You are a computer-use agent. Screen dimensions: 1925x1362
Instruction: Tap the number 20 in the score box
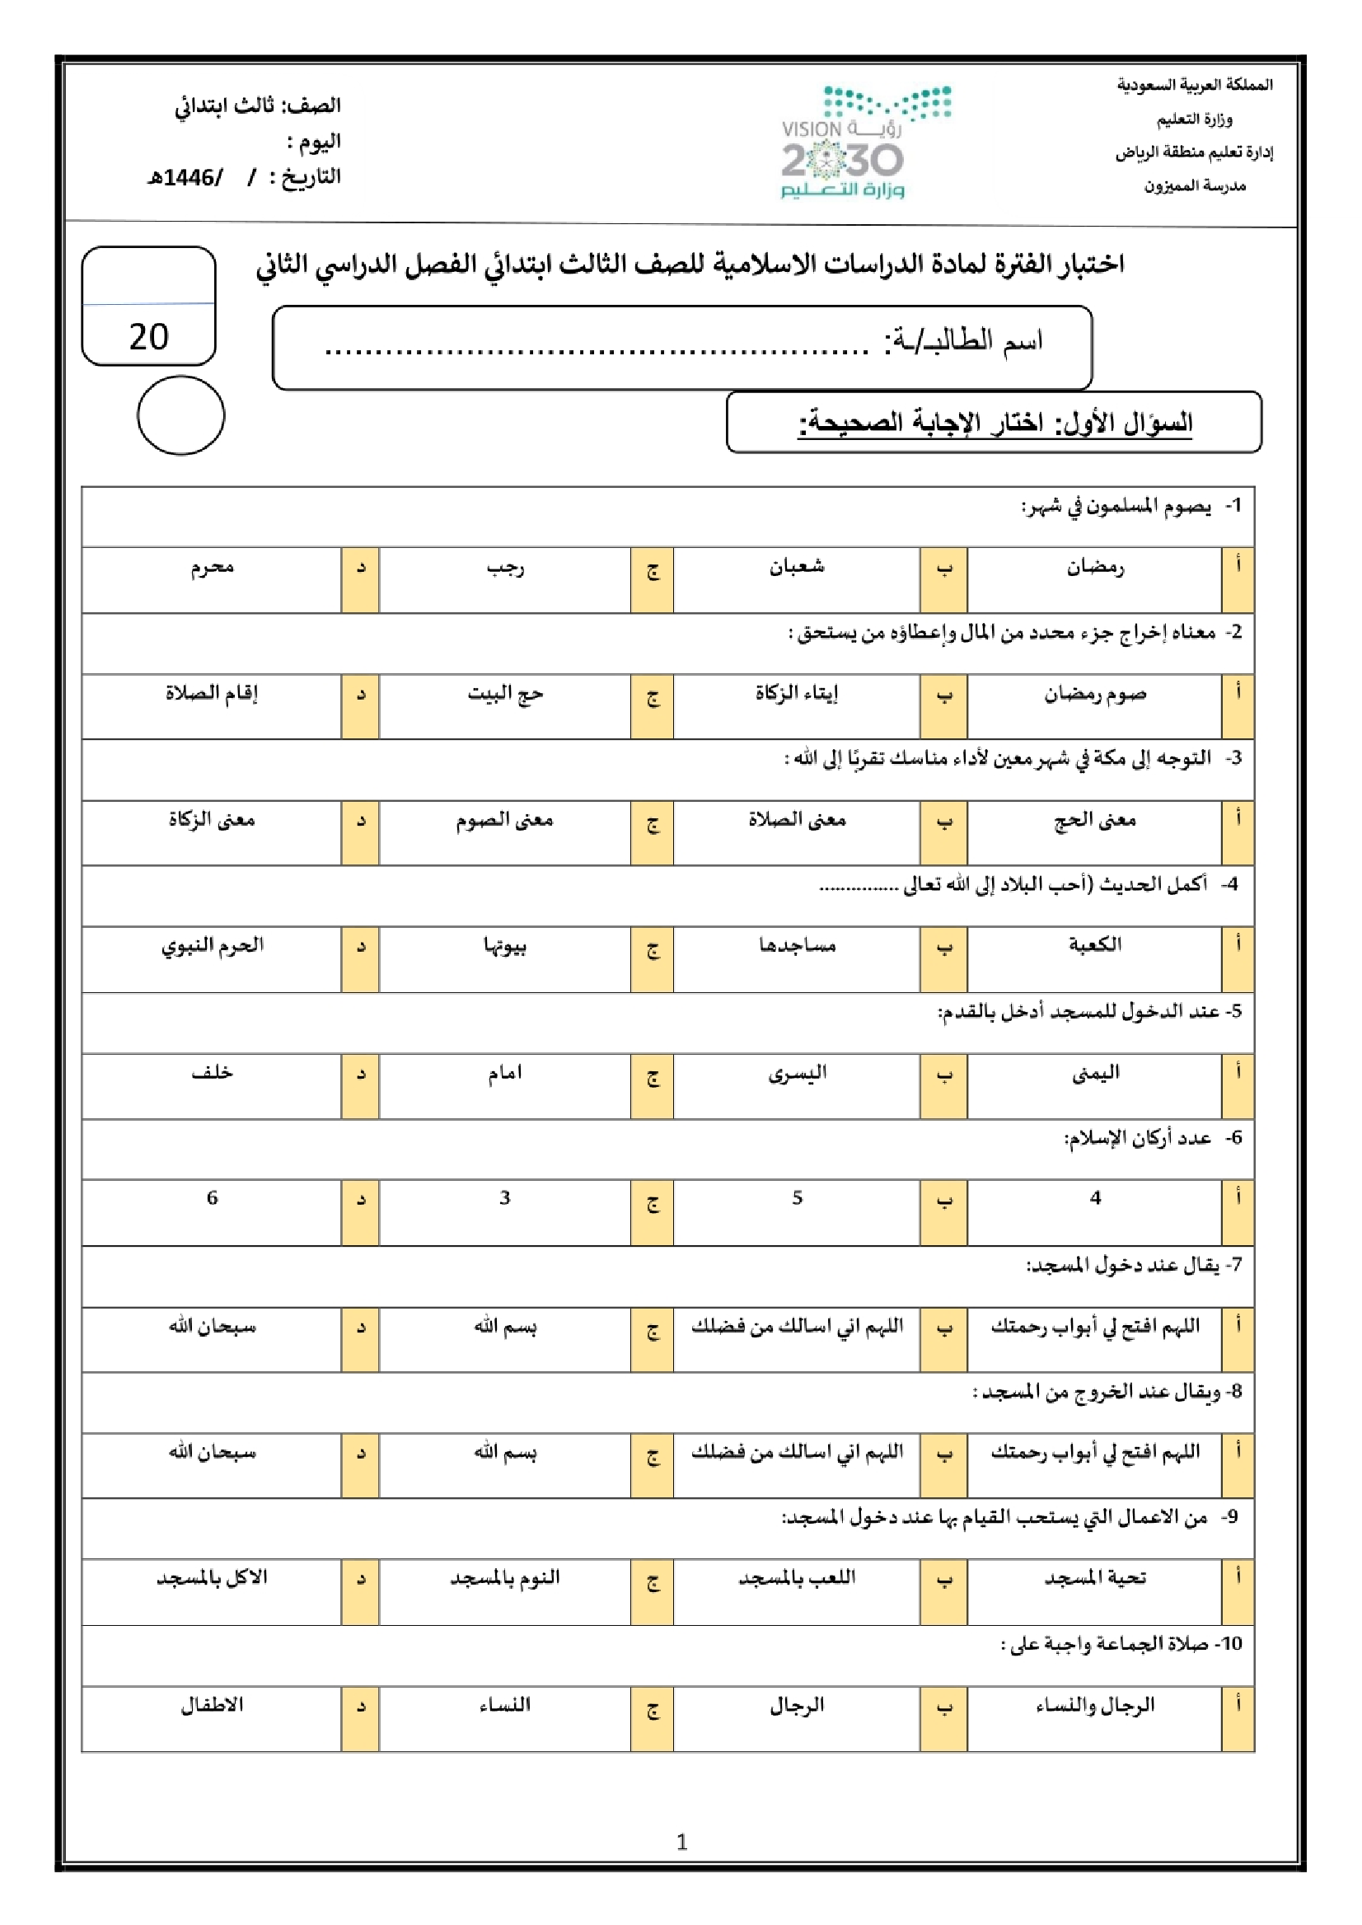pyautogui.click(x=148, y=337)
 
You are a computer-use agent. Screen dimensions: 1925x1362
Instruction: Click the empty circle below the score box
pyautogui.click(x=180, y=415)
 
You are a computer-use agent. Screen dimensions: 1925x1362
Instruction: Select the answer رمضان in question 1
pyautogui.click(x=1094, y=568)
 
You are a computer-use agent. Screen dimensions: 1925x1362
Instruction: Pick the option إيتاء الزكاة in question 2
pyautogui.click(x=797, y=694)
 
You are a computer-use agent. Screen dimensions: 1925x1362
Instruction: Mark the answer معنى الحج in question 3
pyautogui.click(x=1094, y=819)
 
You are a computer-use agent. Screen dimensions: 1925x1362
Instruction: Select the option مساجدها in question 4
pyautogui.click(x=797, y=946)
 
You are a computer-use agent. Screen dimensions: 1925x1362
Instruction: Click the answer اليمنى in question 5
pyautogui.click(x=1094, y=1073)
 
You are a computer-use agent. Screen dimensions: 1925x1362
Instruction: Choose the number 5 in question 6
pyautogui.click(x=797, y=1198)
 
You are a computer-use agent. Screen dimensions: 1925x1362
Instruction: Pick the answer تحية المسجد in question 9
pyautogui.click(x=1094, y=1578)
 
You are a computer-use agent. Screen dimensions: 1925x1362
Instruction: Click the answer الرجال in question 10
pyautogui.click(x=797, y=1704)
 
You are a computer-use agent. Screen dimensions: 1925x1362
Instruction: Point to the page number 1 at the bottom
pyautogui.click(x=681, y=1842)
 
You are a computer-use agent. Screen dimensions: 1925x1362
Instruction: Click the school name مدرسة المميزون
pyautogui.click(x=1194, y=186)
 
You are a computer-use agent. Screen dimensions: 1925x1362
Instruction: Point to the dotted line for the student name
pyautogui.click(x=596, y=350)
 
